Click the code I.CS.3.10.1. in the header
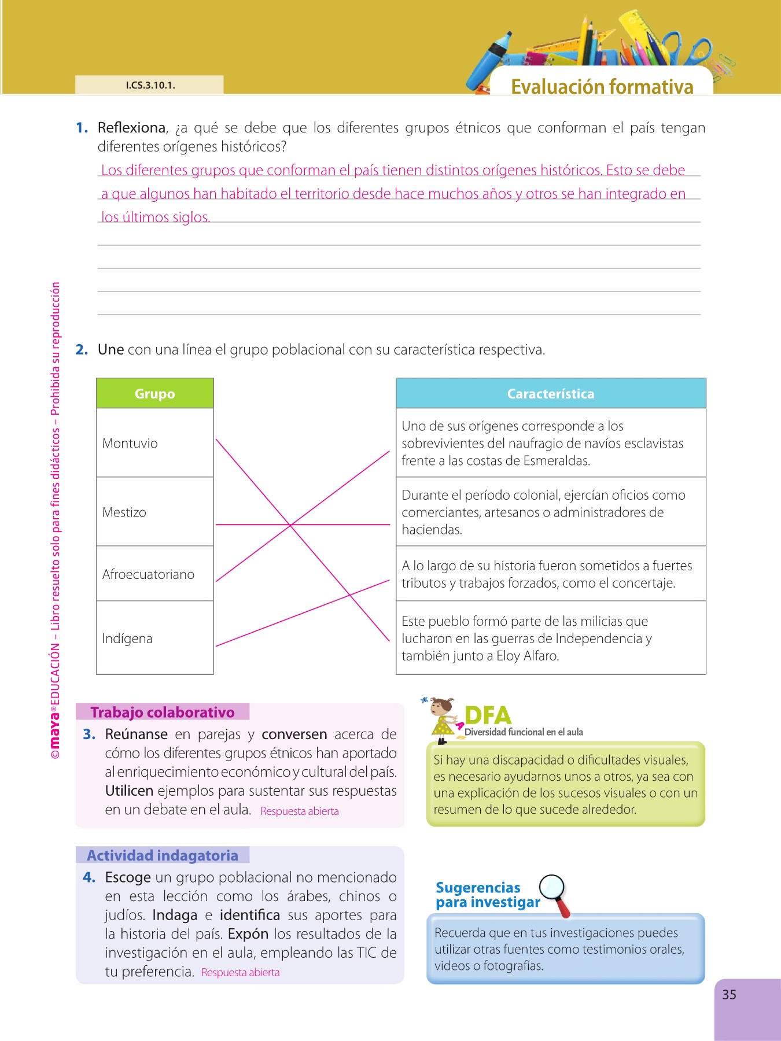click(x=150, y=85)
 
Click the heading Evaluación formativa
click(x=602, y=87)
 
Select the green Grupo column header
click(x=154, y=394)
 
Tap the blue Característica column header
click(x=550, y=394)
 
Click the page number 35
click(x=729, y=995)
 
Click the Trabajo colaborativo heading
click(x=163, y=712)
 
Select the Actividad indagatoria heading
click(x=163, y=855)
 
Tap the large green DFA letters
click(x=488, y=716)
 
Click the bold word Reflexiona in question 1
click(x=132, y=128)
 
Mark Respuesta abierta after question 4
click(x=240, y=973)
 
